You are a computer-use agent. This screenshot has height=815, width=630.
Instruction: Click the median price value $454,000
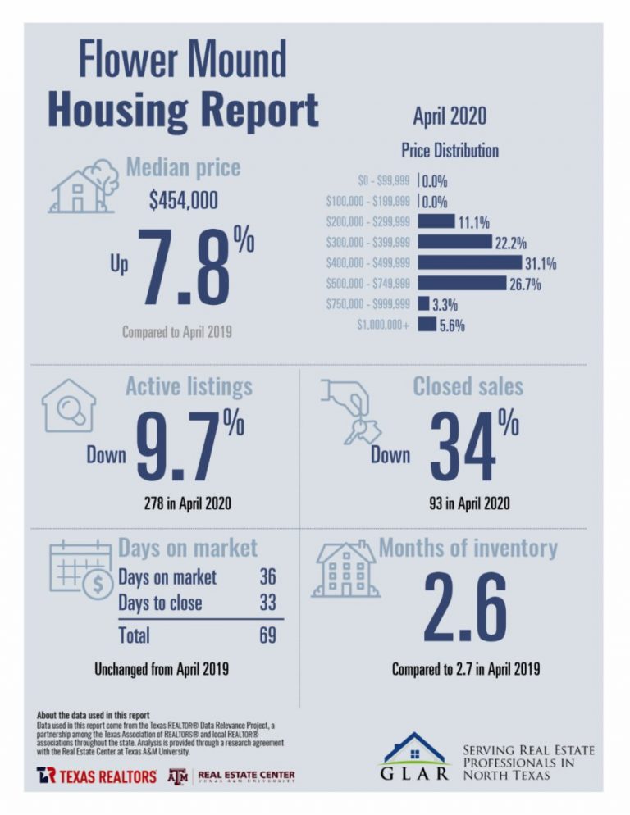tap(183, 201)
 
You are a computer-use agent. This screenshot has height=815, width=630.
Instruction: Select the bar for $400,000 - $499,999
tap(469, 262)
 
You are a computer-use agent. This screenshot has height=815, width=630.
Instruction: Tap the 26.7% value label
tap(524, 284)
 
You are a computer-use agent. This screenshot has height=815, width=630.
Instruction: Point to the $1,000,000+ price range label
tap(383, 325)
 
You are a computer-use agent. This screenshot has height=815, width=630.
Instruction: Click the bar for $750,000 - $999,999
tap(423, 304)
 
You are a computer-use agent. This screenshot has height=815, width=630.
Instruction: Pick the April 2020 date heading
tap(449, 116)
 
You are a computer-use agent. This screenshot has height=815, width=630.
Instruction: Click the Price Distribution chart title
tap(450, 151)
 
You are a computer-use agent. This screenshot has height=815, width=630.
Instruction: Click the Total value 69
tap(267, 635)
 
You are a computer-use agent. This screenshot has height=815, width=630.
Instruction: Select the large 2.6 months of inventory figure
tap(465, 608)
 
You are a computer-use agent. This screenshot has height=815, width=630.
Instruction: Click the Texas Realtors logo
tap(96, 776)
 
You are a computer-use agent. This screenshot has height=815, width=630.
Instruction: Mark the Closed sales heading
tap(468, 386)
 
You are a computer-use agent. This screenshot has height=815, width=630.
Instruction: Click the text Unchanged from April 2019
tap(162, 669)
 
